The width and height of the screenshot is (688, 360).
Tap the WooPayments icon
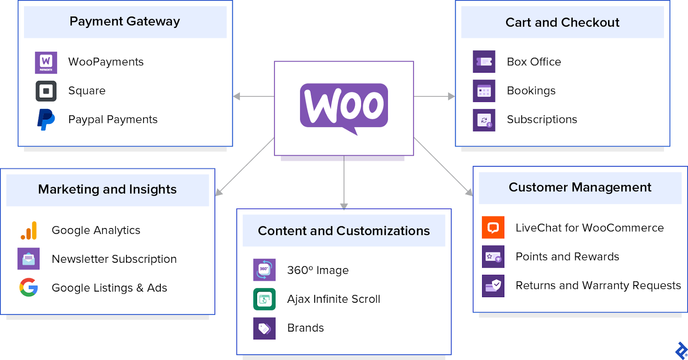coord(46,62)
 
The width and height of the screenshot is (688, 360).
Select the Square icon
coord(46,91)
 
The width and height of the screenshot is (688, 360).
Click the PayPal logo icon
coord(46,120)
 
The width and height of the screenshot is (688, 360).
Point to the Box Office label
coord(534,62)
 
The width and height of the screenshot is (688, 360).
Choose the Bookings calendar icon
coord(484,91)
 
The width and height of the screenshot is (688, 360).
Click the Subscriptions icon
coord(484,120)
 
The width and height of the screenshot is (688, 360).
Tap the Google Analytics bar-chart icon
coord(29,231)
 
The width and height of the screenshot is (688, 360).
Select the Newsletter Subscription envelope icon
coord(28,259)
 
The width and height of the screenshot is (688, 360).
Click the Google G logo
coord(28,287)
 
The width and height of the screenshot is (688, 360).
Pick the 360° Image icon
coord(264,270)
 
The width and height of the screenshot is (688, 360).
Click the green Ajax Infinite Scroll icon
coord(264,299)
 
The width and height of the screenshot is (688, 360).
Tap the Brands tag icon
coord(264,328)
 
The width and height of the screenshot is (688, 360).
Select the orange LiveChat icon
coord(493,228)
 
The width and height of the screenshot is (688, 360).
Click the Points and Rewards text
coord(567,257)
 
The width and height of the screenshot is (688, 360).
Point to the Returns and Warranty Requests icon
coord(493,286)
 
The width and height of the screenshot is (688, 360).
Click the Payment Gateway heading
coord(125,22)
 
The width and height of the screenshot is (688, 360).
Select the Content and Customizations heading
coord(344,231)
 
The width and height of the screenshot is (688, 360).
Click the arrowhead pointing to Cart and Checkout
coord(451,96)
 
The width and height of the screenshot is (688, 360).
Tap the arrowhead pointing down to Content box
coord(344,206)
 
